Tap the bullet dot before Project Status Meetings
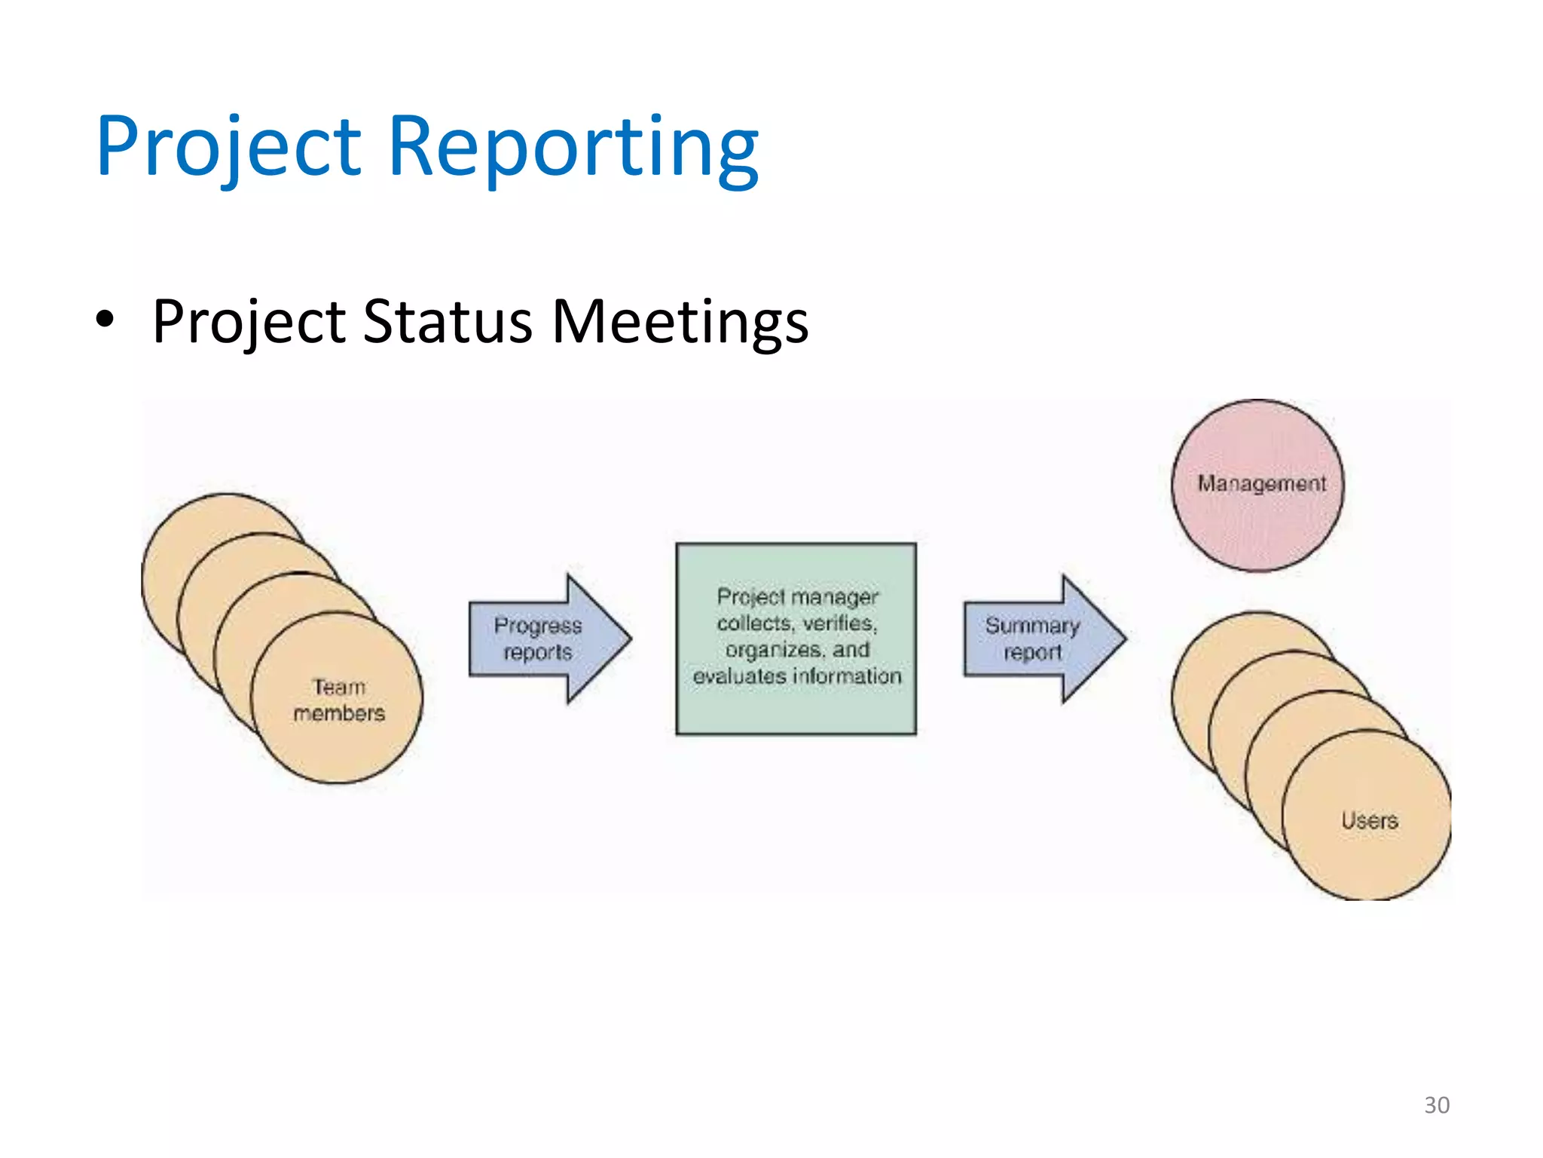[x=105, y=320]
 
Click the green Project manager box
[x=796, y=709]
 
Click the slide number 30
[x=1436, y=1104]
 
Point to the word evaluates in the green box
[x=739, y=676]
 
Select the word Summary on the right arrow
[x=1032, y=626]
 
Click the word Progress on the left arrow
[x=538, y=626]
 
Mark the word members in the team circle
[x=339, y=713]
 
